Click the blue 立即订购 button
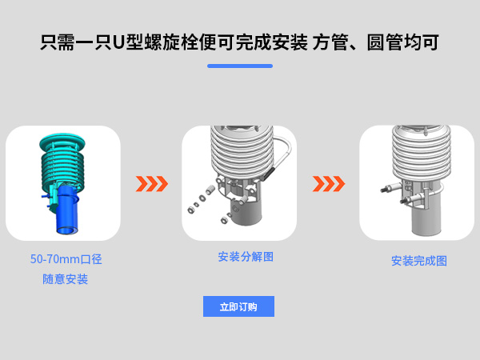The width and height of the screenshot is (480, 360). [238, 306]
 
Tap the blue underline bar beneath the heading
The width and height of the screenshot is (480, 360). [240, 66]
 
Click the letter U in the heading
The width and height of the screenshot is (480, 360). [118, 42]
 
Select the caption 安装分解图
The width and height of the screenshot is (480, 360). [246, 257]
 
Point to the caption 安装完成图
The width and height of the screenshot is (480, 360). [418, 261]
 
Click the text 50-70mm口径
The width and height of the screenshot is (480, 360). [66, 259]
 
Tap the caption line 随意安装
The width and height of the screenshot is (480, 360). [66, 279]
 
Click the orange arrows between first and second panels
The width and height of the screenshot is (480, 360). [152, 184]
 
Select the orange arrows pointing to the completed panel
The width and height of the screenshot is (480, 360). [329, 184]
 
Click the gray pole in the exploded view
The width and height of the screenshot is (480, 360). [246, 210]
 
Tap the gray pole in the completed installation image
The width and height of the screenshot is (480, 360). [426, 218]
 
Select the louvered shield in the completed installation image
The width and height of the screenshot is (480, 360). [422, 153]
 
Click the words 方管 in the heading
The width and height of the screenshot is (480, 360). [330, 42]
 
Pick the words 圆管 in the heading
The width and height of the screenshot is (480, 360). [385, 42]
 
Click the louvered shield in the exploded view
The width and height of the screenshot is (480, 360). [242, 151]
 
